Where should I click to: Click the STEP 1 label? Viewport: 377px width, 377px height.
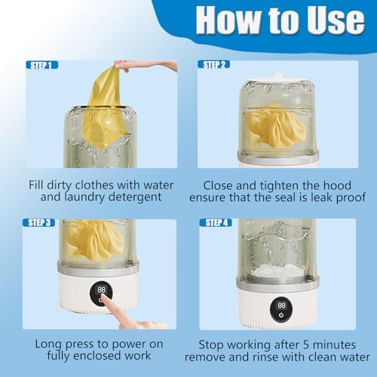(x=42, y=65)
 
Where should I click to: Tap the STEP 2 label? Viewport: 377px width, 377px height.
(x=215, y=65)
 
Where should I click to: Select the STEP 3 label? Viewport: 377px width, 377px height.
(x=42, y=222)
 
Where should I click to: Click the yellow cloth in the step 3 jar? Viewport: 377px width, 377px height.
(x=94, y=241)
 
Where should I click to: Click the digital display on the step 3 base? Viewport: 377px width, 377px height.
(x=100, y=290)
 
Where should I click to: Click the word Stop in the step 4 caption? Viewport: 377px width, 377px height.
(x=204, y=344)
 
